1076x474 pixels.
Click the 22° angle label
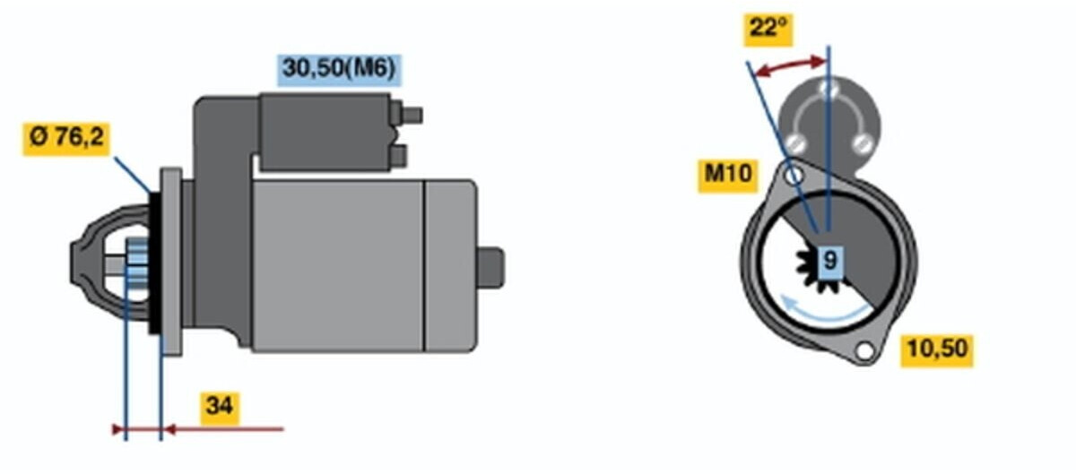[768, 30]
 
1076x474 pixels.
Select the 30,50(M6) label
[339, 70]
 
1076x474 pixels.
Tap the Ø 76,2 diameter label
[66, 139]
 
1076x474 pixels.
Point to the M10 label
[728, 176]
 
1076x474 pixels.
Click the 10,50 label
[937, 351]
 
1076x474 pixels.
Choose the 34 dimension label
[220, 409]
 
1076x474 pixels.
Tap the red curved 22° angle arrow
[789, 65]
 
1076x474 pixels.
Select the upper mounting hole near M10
[795, 175]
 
